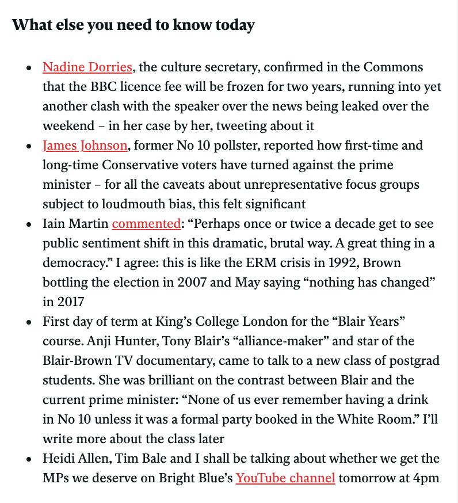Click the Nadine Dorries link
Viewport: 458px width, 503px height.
[x=87, y=67]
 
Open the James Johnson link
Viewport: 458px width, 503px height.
[x=85, y=146]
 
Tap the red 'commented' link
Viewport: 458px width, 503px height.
[x=146, y=224]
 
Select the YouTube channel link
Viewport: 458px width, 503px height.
[x=285, y=478]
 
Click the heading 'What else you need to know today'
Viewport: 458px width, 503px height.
[x=133, y=26]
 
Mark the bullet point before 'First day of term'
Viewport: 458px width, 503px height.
[x=29, y=322]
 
